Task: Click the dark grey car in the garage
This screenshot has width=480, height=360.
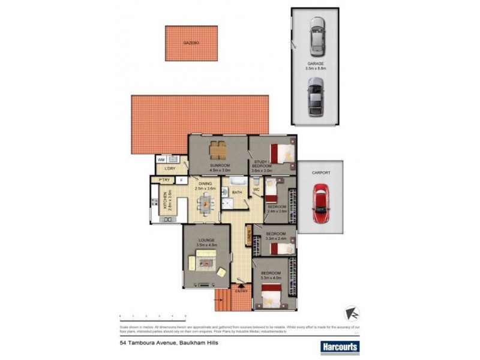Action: coord(316,98)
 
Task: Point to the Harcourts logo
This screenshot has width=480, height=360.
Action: coord(337,346)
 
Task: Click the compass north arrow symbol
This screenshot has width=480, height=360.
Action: coord(352,314)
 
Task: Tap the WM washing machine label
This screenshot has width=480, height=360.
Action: coord(161,160)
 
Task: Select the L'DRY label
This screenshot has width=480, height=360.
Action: coord(169,169)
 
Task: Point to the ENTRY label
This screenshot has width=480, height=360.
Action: coord(241,291)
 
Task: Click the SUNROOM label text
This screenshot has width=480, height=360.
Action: coord(220,165)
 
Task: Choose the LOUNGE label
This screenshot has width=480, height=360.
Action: coord(206,241)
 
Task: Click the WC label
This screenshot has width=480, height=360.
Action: coord(255,190)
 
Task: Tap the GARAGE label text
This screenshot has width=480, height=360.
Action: coord(316,64)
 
